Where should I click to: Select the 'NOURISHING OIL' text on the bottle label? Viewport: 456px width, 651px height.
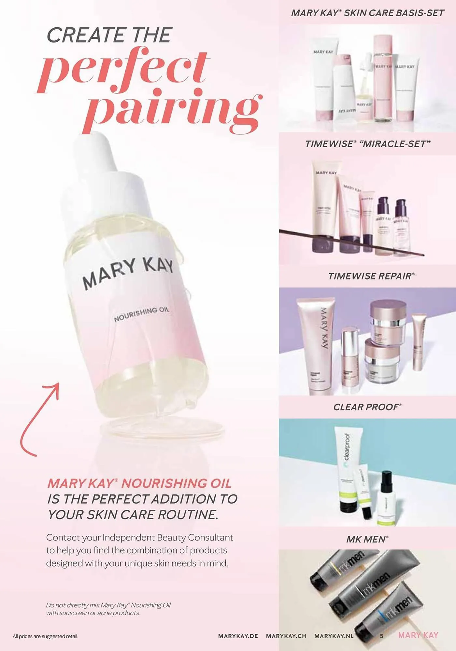141,314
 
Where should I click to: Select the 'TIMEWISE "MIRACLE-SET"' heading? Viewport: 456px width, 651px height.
368,144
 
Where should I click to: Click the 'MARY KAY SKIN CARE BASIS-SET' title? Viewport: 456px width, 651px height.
367,13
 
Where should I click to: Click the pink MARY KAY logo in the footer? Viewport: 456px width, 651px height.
418,635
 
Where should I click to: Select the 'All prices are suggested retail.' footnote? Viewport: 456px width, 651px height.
45,636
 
